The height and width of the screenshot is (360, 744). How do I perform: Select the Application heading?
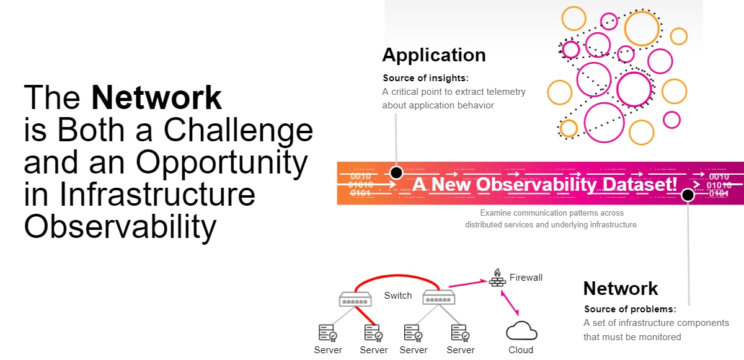tap(434, 56)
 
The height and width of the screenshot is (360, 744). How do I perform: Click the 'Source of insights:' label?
tap(425, 78)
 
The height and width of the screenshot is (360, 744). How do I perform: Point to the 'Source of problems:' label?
tap(630, 309)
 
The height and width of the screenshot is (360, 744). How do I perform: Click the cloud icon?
tap(521, 330)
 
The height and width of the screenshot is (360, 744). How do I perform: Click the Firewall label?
tap(526, 278)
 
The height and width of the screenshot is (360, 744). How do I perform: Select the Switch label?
tap(398, 296)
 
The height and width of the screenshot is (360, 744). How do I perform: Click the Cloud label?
tap(521, 349)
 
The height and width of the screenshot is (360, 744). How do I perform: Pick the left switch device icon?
tap(355, 299)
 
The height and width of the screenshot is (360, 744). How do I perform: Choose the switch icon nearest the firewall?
tap(439, 297)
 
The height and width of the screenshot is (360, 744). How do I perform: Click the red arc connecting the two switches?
tap(397, 275)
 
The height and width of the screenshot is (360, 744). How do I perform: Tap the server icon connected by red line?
tap(373, 333)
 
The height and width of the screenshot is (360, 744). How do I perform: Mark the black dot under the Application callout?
tap(396, 172)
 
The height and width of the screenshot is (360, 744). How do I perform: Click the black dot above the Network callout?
tap(688, 195)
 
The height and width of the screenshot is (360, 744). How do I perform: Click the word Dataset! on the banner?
tap(639, 185)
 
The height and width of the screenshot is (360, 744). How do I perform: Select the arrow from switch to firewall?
tap(467, 284)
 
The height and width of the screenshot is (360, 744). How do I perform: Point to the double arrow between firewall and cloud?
tap(510, 303)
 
